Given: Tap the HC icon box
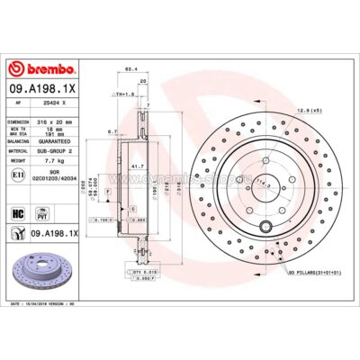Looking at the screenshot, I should [x=17, y=213].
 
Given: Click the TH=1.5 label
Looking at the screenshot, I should [x=122, y=94].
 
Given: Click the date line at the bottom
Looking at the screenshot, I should [x=49, y=306].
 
